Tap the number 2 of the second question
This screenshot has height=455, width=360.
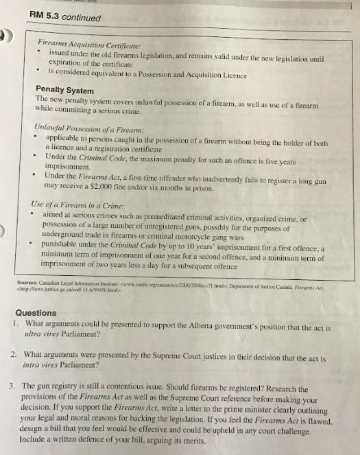(x=14, y=354)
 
